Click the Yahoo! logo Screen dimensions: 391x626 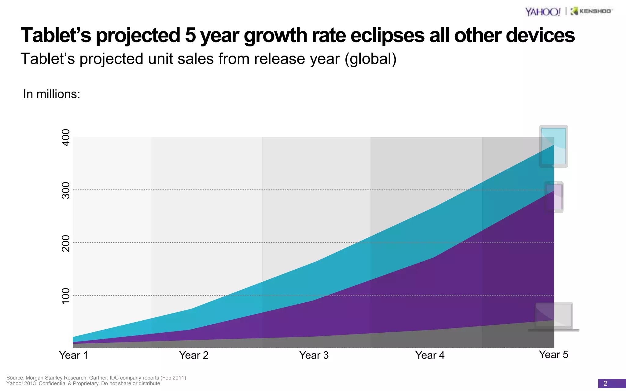(543, 12)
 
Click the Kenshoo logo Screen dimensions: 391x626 (591, 11)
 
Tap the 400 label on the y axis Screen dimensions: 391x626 (66, 137)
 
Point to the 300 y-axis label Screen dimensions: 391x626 (66, 190)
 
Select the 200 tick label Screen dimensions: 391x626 (66, 243)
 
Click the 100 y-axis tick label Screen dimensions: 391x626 (66, 296)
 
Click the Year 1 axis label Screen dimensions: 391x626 (73, 355)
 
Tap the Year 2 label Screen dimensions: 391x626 (194, 355)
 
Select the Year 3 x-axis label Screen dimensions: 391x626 (314, 355)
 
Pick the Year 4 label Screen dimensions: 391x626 (430, 355)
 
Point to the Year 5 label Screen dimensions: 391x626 (554, 355)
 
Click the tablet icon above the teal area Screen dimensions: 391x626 (554, 146)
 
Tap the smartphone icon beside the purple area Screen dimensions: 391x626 (554, 197)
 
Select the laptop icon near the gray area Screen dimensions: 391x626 (554, 316)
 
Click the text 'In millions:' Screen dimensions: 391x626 (52, 94)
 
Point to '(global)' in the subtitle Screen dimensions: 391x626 (370, 59)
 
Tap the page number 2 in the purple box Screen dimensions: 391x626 (605, 384)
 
